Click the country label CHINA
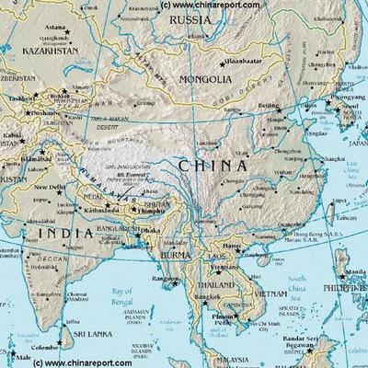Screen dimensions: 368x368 click(x=213, y=167)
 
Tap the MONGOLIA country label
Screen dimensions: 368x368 click(x=205, y=80)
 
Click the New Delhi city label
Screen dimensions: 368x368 click(x=49, y=188)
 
